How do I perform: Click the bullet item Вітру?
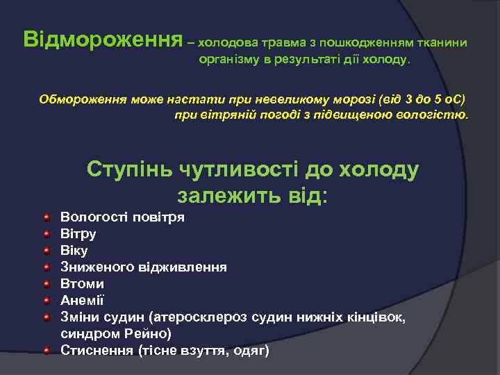pyautogui.click(x=78, y=234)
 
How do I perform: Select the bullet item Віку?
pyautogui.click(x=74, y=250)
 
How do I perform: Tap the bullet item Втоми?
pyautogui.click(x=82, y=283)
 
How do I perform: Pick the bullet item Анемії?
pyautogui.click(x=82, y=300)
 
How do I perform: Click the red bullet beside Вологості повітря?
pyautogui.click(x=45, y=217)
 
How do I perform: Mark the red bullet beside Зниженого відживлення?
pyautogui.click(x=45, y=267)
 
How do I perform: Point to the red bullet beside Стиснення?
pyautogui.click(x=45, y=350)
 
